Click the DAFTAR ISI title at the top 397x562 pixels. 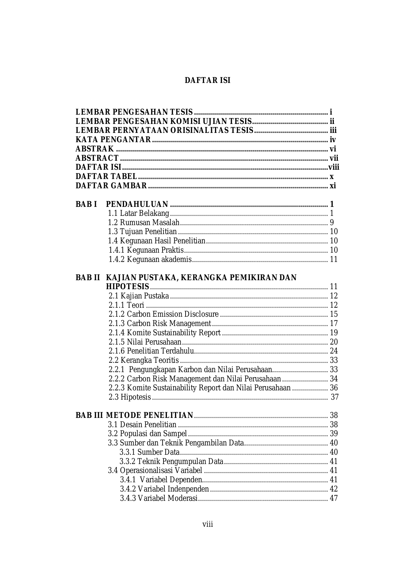(207, 80)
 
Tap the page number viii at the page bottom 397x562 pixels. (208, 524)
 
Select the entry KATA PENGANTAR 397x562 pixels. (113, 140)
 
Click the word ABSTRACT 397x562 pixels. (97, 158)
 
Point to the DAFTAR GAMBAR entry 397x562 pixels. (111, 186)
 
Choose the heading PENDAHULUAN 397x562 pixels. (137, 204)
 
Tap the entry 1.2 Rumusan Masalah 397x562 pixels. (144, 223)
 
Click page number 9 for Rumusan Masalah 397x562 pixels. (332, 223)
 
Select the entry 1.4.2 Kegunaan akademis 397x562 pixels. (150, 259)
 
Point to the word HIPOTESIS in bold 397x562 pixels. (127, 287)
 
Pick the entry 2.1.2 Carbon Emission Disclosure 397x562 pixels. (163, 314)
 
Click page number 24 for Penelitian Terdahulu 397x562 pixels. (334, 351)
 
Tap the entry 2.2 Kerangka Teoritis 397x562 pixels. (144, 360)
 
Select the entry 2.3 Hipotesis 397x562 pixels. (130, 397)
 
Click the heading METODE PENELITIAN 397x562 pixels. (149, 415)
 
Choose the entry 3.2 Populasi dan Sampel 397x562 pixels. (147, 434)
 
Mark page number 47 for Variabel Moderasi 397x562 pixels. (334, 498)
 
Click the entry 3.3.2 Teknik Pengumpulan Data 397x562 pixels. (171, 461)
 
